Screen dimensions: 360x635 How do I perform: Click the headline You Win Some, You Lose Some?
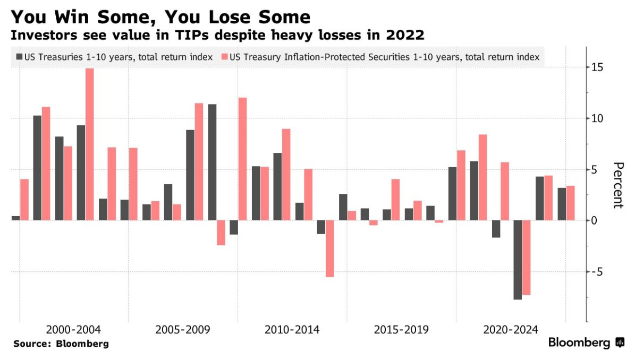click(x=160, y=17)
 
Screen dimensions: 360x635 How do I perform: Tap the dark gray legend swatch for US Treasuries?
click(x=19, y=56)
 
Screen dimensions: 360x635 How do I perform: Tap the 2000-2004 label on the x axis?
click(x=73, y=330)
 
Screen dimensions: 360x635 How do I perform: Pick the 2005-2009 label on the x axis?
click(x=183, y=330)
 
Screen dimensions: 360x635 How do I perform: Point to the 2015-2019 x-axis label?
click(x=401, y=330)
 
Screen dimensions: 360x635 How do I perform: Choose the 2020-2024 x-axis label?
click(x=511, y=330)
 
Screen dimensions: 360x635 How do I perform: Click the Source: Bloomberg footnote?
click(x=61, y=344)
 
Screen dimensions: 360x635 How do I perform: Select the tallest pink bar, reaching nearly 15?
click(x=90, y=144)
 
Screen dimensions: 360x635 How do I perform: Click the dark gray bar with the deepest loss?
click(x=518, y=260)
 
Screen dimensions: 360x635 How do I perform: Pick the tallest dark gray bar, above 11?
click(x=212, y=162)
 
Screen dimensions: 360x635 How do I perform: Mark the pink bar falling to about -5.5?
click(x=330, y=248)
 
